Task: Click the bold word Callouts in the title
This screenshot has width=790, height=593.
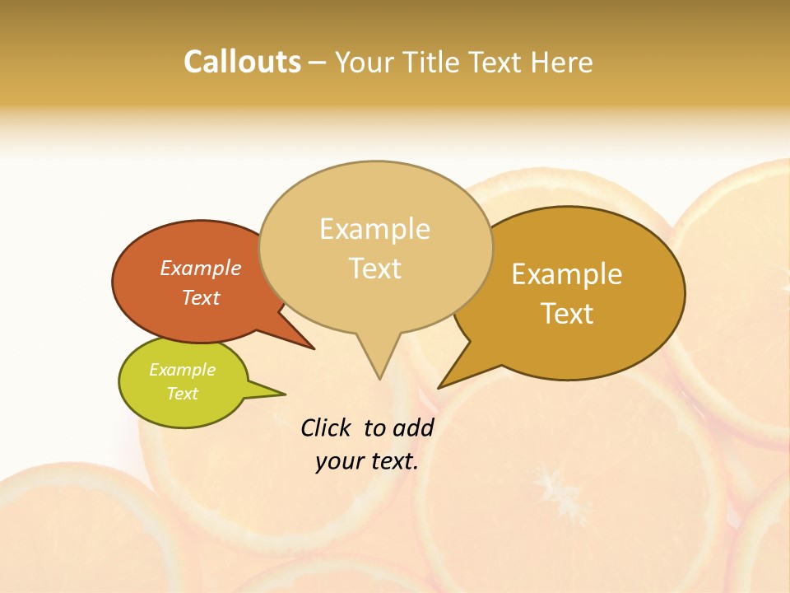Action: click(242, 62)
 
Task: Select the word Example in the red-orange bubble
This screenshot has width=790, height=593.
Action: click(201, 268)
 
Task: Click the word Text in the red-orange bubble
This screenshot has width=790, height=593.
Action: click(201, 297)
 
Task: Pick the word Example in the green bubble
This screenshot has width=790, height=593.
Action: click(183, 370)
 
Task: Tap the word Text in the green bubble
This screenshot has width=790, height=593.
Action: click(183, 394)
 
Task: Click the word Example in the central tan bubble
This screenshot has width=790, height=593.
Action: click(374, 229)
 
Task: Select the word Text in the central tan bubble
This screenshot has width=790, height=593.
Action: click(375, 268)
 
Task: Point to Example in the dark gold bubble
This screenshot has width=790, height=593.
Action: click(567, 274)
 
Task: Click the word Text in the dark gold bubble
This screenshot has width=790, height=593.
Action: click(567, 314)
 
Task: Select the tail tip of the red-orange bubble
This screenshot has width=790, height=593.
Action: click(313, 348)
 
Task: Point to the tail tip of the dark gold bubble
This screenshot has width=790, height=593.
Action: click(439, 387)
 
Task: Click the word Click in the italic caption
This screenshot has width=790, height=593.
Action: click(326, 427)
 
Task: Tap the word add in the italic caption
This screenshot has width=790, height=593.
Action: click(413, 427)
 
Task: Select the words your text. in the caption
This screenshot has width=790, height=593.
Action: click(367, 461)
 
